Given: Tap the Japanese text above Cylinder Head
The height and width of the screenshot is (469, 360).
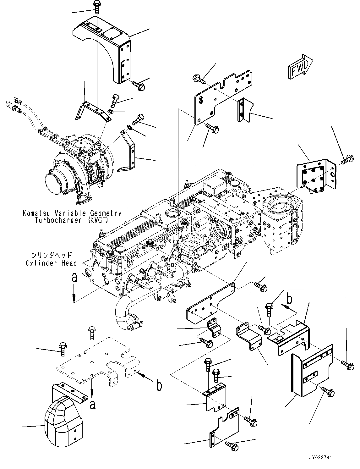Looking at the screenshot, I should pyautogui.click(x=52, y=255).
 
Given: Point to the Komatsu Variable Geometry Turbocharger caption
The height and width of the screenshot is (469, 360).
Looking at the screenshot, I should pyautogui.click(x=72, y=217).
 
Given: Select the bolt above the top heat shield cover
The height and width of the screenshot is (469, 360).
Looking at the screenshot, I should pyautogui.click(x=96, y=7).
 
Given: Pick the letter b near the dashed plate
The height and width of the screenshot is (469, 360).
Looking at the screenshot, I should pyautogui.click(x=160, y=386).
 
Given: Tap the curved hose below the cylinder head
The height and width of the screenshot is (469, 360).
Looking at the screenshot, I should pyautogui.click(x=126, y=314).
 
